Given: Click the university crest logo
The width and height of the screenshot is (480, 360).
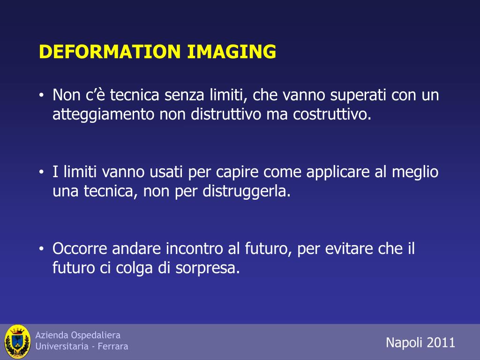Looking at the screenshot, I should coord(17,342).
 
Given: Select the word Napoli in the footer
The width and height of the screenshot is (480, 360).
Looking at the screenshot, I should coord(404,343).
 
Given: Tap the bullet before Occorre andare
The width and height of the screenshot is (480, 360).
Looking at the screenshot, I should coord(41,249).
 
